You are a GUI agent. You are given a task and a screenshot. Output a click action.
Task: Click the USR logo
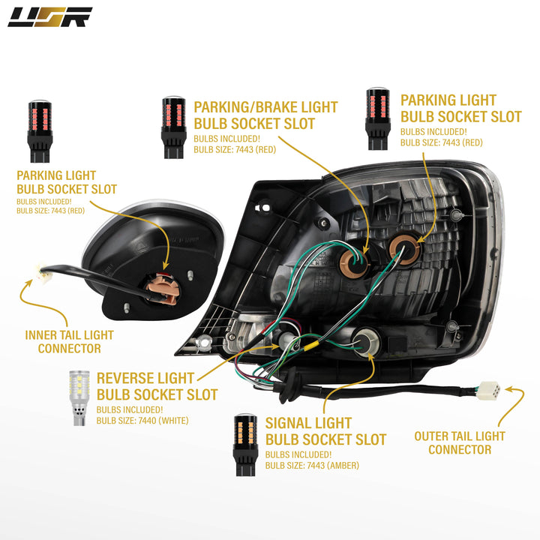pos(50,17)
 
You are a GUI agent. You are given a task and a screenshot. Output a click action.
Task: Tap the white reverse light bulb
pos(79,397)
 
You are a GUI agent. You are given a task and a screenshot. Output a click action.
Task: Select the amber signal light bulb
pos(245,445)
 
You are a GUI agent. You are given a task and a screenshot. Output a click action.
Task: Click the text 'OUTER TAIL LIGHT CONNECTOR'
pos(460,443)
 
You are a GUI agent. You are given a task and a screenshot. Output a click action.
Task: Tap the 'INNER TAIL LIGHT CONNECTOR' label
pos(69,342)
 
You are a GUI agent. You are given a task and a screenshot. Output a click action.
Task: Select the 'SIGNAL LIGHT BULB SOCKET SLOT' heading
pos(325,431)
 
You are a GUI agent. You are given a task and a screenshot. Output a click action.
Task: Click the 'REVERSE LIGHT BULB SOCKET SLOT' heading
pos(157,386)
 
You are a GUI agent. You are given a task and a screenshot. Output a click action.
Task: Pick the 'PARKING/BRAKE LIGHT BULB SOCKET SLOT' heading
pos(265,115)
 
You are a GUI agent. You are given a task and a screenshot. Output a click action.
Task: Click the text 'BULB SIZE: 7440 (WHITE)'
pos(142,421)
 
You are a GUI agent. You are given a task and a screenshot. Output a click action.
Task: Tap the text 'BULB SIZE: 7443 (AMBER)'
pos(312,466)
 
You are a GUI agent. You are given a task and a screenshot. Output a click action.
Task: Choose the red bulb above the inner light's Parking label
pos(40,130)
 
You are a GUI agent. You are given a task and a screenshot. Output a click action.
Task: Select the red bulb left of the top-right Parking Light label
pos(378,118)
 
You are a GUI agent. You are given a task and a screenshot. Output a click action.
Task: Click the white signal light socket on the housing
pos(366,342)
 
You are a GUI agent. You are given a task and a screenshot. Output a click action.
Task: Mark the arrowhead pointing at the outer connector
pos(510,390)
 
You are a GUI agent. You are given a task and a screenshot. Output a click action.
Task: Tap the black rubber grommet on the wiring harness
pos(286,385)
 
